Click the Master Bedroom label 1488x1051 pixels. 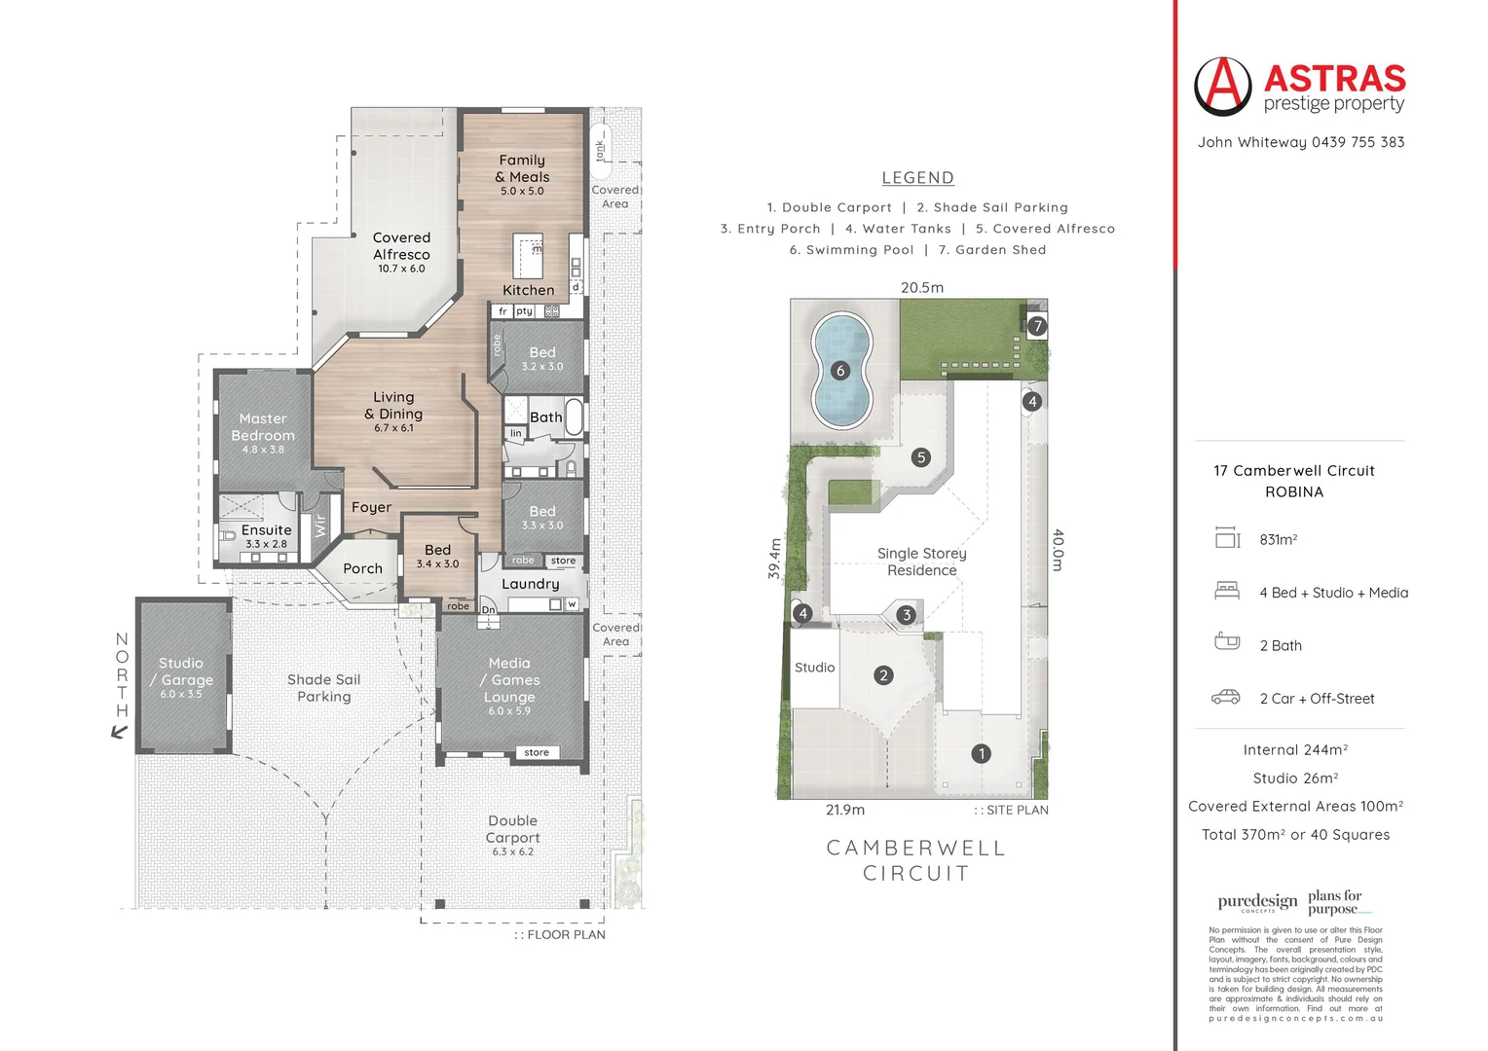[263, 427]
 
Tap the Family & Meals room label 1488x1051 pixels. [523, 168]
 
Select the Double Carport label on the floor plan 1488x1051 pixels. [512, 829]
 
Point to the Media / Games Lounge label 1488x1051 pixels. [509, 679]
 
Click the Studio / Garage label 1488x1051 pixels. [181, 671]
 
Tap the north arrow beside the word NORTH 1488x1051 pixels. [120, 732]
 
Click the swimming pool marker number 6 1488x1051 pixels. [840, 370]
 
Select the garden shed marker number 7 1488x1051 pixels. [1037, 326]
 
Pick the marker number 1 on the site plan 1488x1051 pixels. [981, 753]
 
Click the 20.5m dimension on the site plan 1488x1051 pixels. [921, 287]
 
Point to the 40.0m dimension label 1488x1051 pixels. [1059, 550]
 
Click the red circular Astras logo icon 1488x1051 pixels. [1222, 86]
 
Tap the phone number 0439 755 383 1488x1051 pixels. [1358, 142]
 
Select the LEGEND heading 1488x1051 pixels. [917, 178]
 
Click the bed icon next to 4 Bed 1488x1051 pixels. [1227, 591]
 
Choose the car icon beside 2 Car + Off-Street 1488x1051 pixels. [1225, 697]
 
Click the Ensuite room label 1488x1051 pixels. [266, 530]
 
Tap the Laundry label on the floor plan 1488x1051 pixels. [530, 584]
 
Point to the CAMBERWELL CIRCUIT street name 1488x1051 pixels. [915, 860]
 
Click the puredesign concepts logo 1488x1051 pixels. [1257, 902]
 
